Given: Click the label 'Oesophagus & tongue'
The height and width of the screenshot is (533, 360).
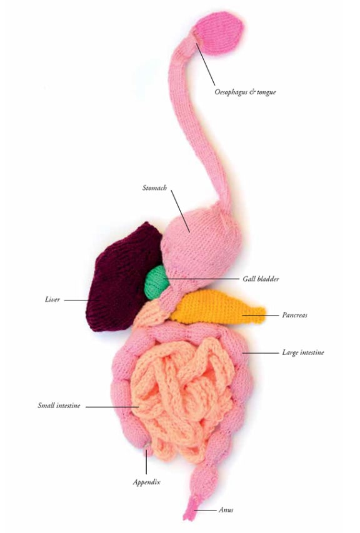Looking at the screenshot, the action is tap(245, 92).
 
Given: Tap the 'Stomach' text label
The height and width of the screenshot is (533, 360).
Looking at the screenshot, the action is tap(154, 187).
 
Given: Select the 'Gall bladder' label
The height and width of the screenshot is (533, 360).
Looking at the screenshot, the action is tap(261, 279).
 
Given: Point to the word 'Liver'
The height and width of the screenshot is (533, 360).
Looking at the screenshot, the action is tap(52, 299).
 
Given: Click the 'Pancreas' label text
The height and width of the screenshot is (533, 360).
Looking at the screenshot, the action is tap(294, 315).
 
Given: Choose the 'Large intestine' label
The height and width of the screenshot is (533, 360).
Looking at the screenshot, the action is tap(303, 352).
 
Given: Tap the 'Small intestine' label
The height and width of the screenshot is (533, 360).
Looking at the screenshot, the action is tap(59, 406).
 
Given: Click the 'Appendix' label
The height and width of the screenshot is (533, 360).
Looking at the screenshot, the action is tap(146, 482).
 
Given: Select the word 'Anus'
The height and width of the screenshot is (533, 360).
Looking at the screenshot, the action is tap(226, 510).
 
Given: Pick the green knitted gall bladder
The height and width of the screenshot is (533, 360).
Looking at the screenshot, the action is tap(156, 283).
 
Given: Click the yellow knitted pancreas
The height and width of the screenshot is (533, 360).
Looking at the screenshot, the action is tap(214, 306).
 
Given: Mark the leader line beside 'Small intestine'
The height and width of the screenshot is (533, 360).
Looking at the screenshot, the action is tap(112, 407).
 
